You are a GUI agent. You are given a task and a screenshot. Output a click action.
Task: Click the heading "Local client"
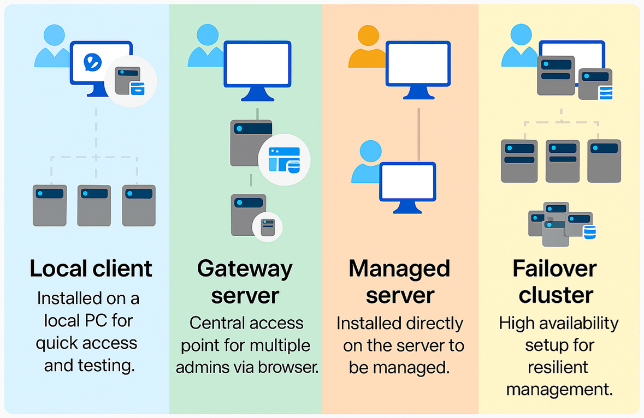click(x=91, y=268)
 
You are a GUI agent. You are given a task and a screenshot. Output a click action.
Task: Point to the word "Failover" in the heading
click(x=554, y=269)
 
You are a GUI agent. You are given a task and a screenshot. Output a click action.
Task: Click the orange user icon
click(x=368, y=46)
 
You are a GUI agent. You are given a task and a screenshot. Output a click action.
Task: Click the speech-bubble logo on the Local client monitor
click(x=92, y=62)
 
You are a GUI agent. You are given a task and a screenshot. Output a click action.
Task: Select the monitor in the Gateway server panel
click(x=257, y=70)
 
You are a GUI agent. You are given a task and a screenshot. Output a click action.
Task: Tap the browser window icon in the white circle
click(x=284, y=159)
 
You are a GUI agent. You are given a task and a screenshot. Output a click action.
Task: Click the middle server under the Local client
click(x=94, y=206)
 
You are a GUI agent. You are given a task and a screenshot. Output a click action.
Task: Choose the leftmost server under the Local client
click(x=50, y=206)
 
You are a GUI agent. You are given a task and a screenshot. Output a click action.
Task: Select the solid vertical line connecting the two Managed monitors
click(x=418, y=135)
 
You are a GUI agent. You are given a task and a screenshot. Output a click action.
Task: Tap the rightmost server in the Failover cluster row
click(x=604, y=161)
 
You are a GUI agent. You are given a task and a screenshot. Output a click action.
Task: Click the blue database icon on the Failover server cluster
click(x=590, y=232)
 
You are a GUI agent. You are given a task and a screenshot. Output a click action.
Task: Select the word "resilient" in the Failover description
click(x=558, y=367)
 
